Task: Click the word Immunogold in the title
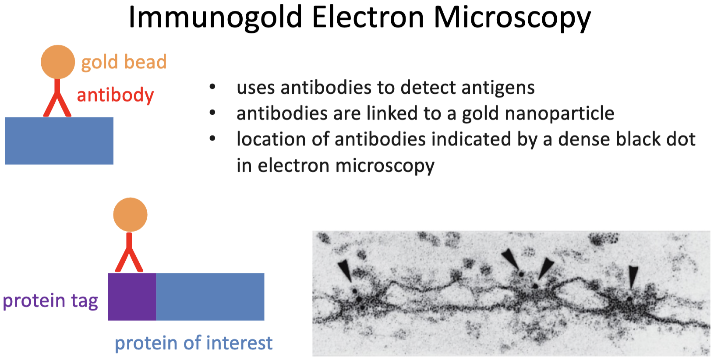pos(216,18)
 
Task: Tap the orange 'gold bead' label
pos(124,62)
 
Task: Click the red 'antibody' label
pos(115,95)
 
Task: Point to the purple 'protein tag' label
pos(50,301)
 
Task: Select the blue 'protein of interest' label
pos(194,342)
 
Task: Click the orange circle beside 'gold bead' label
pos(58,62)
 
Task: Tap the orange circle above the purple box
pos(131,215)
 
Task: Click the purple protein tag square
pos(132,296)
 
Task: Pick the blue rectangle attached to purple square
pos(210,296)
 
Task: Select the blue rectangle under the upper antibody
pos(59,141)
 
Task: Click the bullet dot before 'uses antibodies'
pos(212,87)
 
